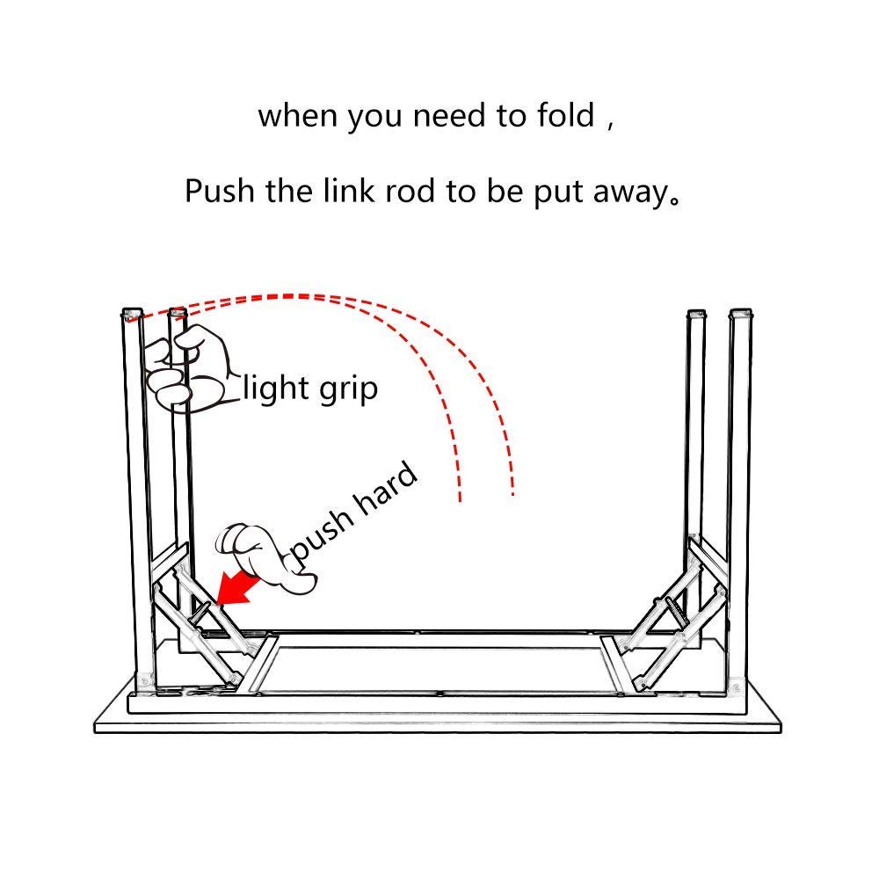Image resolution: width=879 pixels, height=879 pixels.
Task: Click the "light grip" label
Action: (309, 388)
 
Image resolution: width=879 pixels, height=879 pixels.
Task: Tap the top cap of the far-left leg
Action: (132, 313)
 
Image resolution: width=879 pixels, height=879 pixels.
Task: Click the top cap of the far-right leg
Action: (741, 313)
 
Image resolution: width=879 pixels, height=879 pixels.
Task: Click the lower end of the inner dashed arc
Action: (459, 499)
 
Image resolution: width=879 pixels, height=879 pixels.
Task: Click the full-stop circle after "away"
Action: (674, 199)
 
